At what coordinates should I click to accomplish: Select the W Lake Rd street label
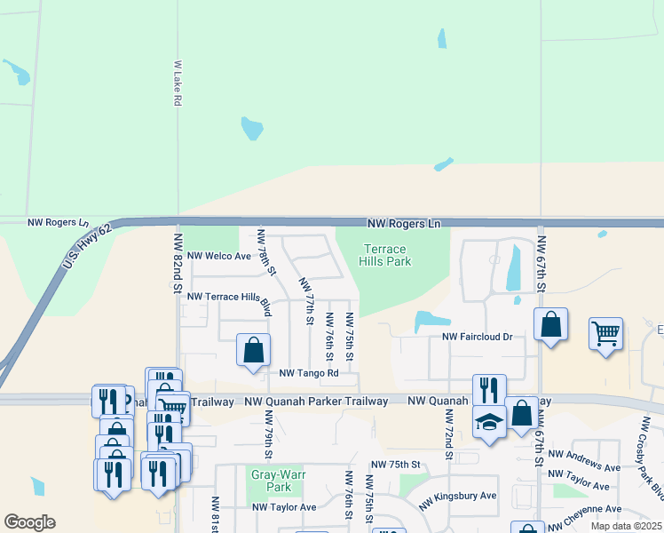point(178,84)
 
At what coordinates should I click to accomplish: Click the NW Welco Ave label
point(218,256)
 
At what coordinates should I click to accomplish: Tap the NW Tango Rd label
point(309,374)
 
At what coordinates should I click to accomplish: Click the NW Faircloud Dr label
point(478,338)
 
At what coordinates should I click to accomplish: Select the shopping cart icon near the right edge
point(605,334)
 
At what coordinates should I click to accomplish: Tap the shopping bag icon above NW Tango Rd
point(253,349)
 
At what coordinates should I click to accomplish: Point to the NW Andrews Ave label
point(584,460)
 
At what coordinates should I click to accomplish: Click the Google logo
point(29,522)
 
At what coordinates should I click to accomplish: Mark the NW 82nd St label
point(178,264)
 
